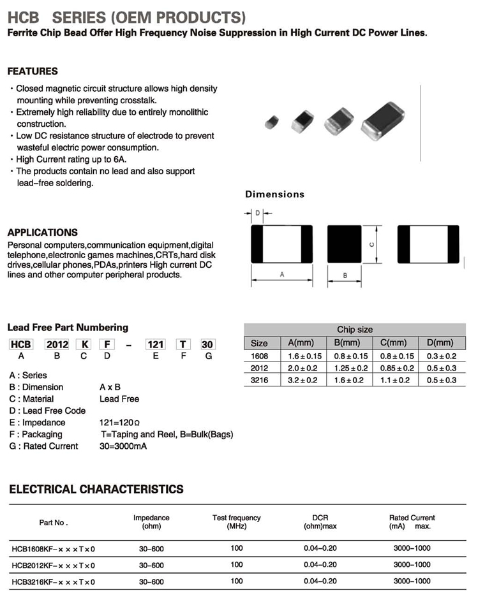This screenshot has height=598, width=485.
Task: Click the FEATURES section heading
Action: point(33,71)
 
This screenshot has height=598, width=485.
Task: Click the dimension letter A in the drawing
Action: point(282,274)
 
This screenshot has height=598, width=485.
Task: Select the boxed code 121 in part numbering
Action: point(156,344)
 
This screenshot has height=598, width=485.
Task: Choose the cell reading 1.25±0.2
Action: point(350,368)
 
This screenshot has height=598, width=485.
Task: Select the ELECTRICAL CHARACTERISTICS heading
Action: point(96,490)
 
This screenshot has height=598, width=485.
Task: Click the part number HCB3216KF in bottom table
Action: point(53,582)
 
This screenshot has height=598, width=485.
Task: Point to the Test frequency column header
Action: point(236,521)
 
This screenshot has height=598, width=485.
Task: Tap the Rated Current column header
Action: point(412,521)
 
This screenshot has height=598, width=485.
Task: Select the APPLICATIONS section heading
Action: point(43,233)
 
